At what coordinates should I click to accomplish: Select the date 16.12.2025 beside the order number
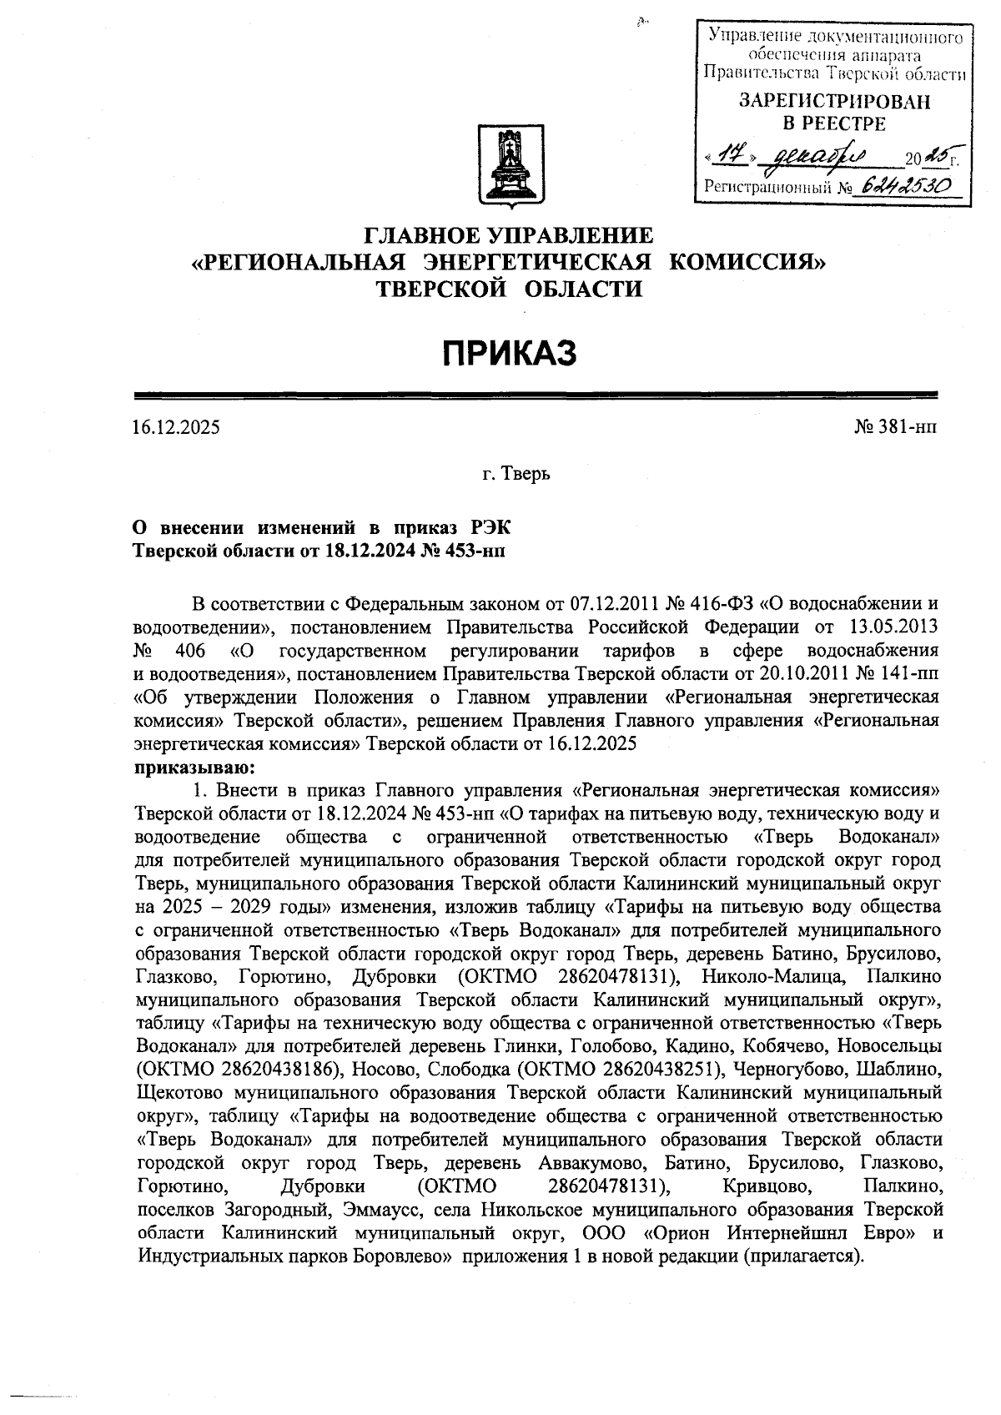tap(176, 428)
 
